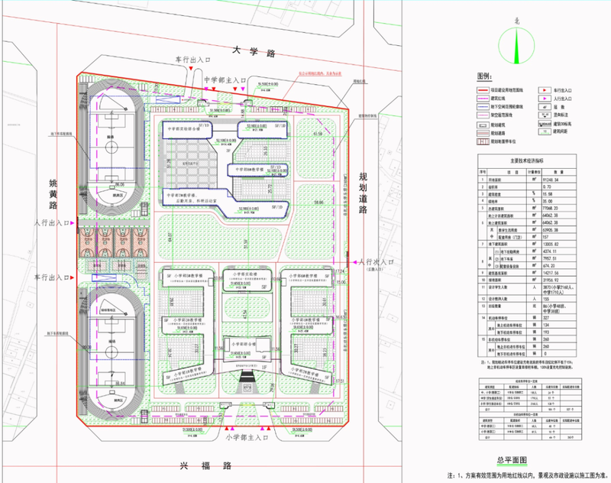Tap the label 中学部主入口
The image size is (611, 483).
point(226,79)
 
